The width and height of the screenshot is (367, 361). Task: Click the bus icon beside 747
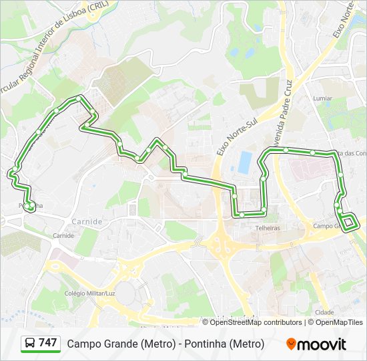tap(30, 344)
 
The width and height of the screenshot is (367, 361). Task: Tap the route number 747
tap(48, 343)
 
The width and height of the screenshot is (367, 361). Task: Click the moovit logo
tap(316, 344)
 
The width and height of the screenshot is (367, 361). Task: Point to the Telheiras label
tap(267, 227)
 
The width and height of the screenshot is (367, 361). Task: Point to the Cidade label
tap(324, 312)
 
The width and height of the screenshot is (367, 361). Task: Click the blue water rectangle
tap(246, 161)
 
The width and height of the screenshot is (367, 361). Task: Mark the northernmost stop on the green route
tap(79, 98)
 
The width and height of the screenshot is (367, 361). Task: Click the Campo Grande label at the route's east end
tap(327, 226)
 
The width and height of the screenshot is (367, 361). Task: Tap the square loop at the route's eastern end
tap(349, 222)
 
